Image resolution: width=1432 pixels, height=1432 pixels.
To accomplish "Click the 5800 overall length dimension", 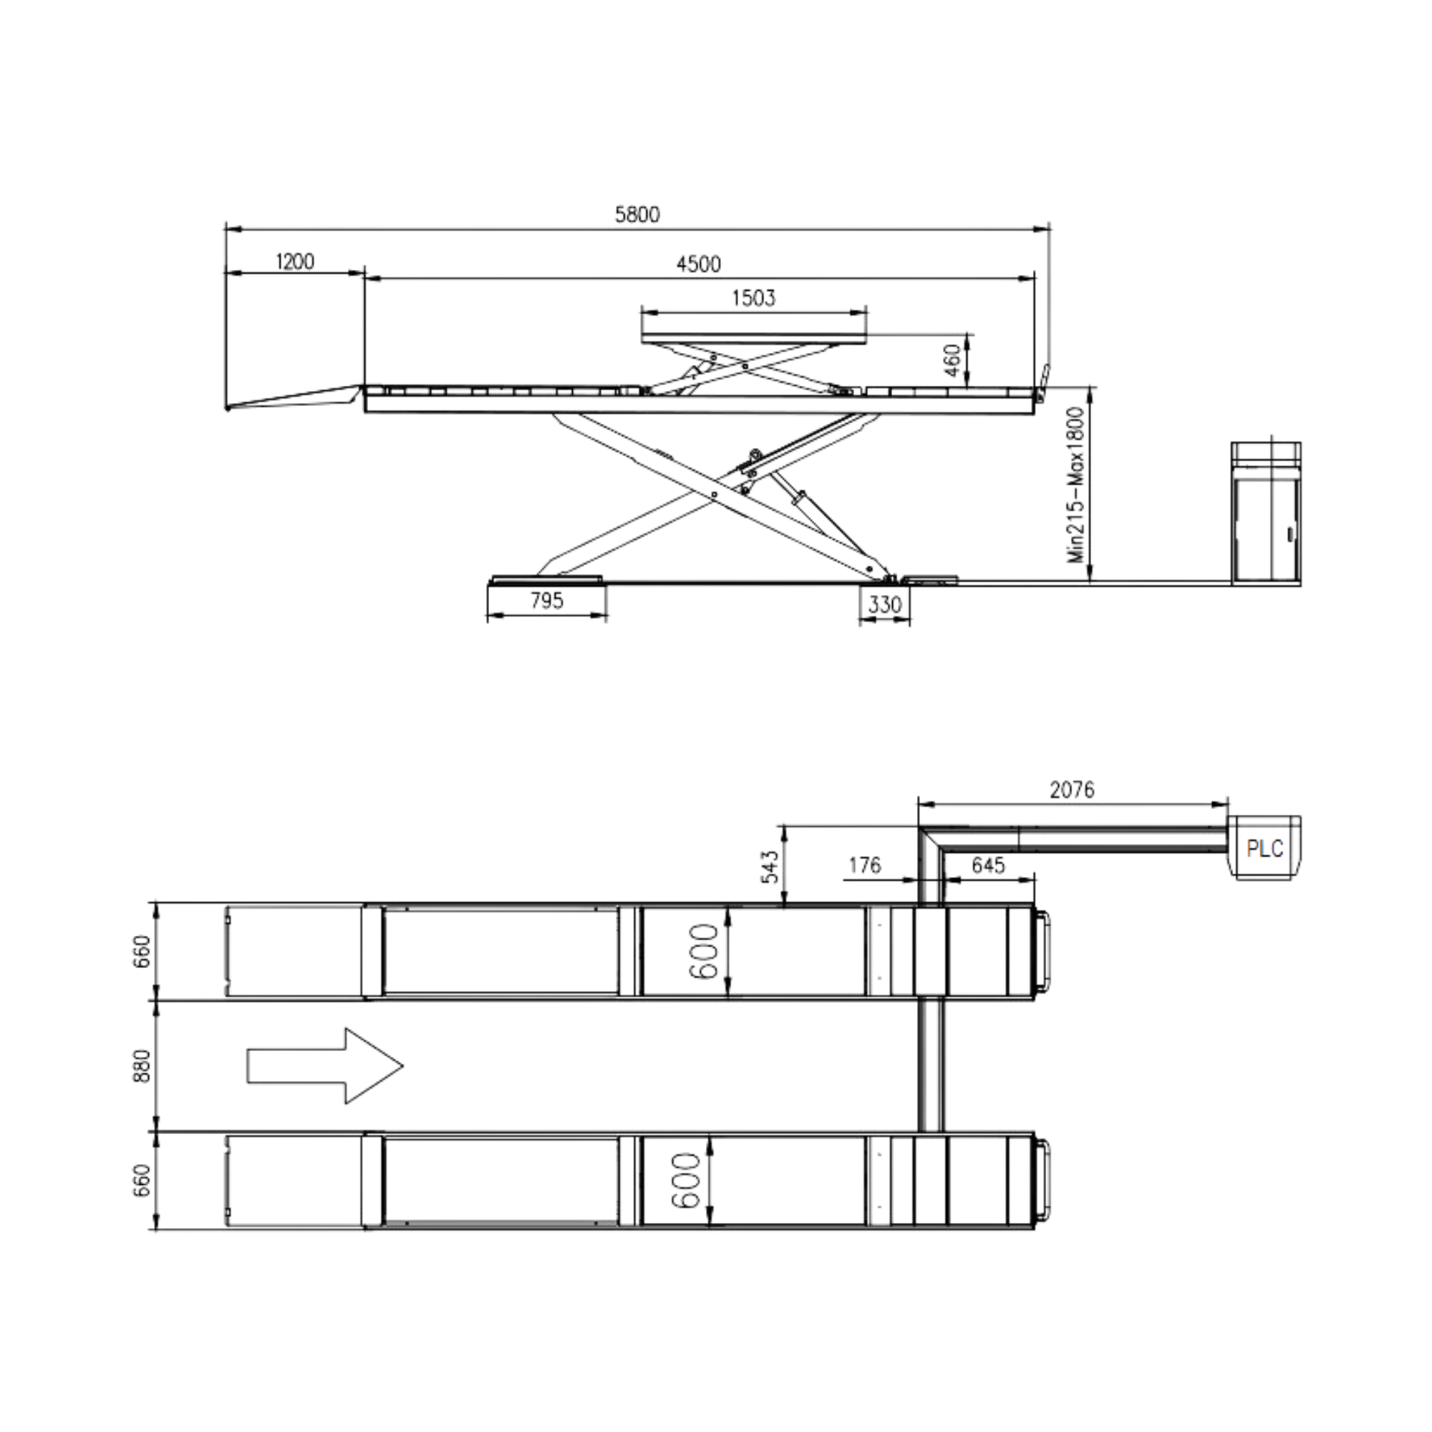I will [637, 214].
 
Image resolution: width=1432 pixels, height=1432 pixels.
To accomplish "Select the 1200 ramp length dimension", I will [294, 261].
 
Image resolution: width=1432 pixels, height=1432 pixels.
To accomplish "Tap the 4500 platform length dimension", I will [697, 264].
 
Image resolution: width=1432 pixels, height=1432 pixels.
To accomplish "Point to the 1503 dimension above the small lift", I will [753, 298].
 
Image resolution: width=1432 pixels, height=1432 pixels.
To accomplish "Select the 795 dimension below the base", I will [546, 601].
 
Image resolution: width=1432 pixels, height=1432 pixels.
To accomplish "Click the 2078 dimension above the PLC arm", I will [1072, 790].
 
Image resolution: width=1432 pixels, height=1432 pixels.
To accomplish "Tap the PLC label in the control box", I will [1265, 848].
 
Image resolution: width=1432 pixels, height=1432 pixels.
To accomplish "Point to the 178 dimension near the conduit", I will [865, 864].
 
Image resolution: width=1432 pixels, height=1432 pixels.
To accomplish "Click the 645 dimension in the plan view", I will [987, 864].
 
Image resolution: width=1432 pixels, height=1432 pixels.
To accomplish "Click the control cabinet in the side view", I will [1266, 514].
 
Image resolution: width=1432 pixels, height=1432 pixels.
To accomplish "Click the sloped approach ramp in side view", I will [296, 396].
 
